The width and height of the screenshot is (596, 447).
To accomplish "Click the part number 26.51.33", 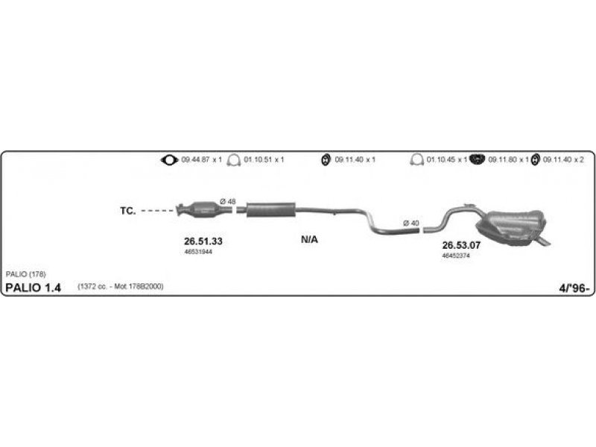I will (x=203, y=241).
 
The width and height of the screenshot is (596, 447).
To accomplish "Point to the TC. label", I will (x=127, y=211).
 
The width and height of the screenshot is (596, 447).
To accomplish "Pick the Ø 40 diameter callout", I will (x=410, y=223).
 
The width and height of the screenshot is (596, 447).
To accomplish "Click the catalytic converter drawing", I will (x=200, y=209).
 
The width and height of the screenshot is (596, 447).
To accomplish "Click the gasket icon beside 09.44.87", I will (x=170, y=159).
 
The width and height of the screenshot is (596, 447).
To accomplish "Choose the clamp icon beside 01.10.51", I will (x=234, y=159).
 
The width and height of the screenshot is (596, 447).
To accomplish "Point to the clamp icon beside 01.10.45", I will (x=417, y=159).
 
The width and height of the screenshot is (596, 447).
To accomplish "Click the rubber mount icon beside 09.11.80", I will (x=479, y=159).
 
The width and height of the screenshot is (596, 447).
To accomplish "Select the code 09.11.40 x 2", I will (x=563, y=159).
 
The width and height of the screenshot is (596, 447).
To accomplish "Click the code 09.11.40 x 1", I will (x=355, y=159).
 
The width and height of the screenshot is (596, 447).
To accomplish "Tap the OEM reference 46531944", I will (x=198, y=252).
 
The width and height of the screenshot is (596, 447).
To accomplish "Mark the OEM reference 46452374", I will (x=456, y=256).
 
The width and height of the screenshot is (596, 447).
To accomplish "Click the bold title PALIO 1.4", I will (x=34, y=288).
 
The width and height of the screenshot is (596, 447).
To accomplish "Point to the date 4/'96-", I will (x=571, y=288).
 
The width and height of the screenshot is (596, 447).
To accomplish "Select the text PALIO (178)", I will (x=25, y=274).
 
